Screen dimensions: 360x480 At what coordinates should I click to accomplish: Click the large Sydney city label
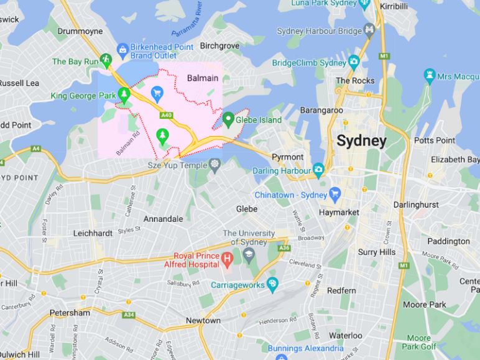pyautogui.click(x=361, y=141)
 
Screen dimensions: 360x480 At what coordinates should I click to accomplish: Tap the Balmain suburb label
pyautogui.click(x=203, y=78)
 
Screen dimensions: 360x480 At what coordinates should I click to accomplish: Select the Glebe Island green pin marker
pyautogui.click(x=228, y=118)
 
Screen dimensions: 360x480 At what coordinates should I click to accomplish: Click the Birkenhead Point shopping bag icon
pyautogui.click(x=122, y=48)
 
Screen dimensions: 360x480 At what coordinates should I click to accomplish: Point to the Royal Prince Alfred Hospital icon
pyautogui.click(x=228, y=257)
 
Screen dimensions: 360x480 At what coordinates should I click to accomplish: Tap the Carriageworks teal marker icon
pyautogui.click(x=272, y=285)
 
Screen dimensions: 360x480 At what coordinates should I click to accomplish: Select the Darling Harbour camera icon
pyautogui.click(x=318, y=169)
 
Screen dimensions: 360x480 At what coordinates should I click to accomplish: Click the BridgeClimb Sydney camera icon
pyautogui.click(x=354, y=62)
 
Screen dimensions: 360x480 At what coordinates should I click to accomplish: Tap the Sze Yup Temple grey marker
pyautogui.click(x=215, y=165)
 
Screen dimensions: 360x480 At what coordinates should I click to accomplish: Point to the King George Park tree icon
pyautogui.click(x=124, y=95)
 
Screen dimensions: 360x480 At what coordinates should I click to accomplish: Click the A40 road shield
pyautogui.click(x=165, y=115)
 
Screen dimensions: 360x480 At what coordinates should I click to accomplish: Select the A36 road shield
pyautogui.click(x=284, y=248)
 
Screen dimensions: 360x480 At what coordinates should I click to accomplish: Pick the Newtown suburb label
pyautogui.click(x=203, y=321)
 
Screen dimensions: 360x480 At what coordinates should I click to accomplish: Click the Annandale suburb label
pyautogui.click(x=163, y=219)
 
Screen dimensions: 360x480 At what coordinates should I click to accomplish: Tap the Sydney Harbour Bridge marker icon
pyautogui.click(x=370, y=29)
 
